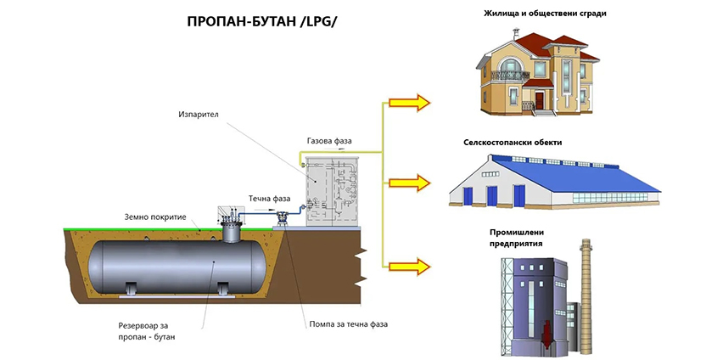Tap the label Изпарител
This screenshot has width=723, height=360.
198,113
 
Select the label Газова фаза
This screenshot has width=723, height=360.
328,140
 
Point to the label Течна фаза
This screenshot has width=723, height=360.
270,199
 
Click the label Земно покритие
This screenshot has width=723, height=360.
155,217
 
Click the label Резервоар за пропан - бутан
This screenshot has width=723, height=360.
149,331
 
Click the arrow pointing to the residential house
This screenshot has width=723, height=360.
410,103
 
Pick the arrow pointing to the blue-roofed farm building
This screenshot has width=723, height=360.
410,182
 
